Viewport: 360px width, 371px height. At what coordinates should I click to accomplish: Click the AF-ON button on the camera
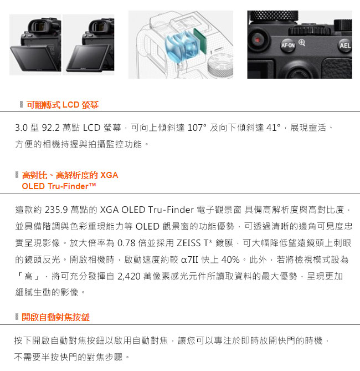tap(288, 45)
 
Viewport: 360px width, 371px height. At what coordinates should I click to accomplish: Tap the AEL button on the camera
tap(345, 45)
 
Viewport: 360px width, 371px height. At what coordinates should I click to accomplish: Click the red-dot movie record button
tap(258, 40)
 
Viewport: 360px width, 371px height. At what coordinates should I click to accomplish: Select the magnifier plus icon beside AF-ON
tap(302, 43)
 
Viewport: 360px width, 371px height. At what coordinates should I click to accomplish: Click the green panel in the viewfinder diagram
tap(200, 41)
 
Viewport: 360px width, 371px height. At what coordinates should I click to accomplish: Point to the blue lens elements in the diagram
tap(182, 47)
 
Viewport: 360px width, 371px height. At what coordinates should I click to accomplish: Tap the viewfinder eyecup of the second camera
tap(99, 26)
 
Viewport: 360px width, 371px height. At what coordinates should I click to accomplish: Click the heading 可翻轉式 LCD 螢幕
tap(63, 105)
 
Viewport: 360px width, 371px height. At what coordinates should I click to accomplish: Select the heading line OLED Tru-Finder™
tap(59, 186)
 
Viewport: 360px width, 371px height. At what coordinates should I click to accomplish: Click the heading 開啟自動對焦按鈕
tap(55, 317)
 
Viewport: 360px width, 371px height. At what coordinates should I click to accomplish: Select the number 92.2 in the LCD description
tap(51, 128)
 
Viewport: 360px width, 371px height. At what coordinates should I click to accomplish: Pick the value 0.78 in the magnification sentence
tap(126, 243)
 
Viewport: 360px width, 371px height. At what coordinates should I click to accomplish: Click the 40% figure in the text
tap(230, 260)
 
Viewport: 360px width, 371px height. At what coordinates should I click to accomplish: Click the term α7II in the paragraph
tap(189, 260)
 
